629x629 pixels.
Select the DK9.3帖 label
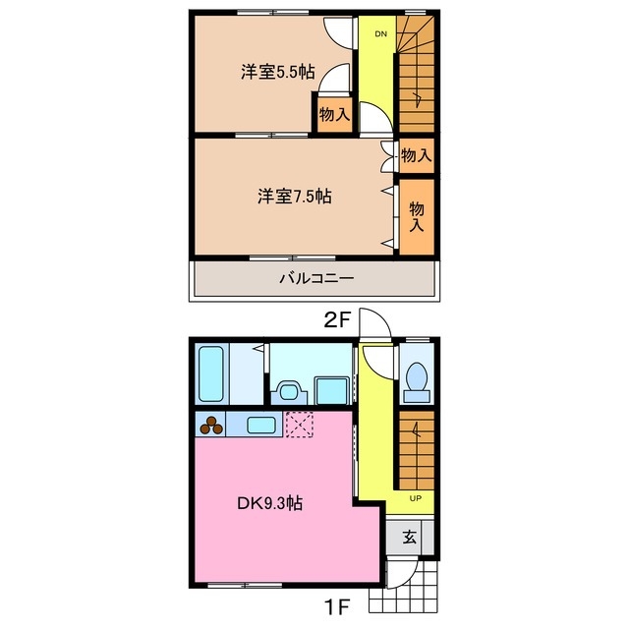[x=268, y=504]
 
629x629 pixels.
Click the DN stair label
[x=379, y=34]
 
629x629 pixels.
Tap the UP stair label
[x=415, y=498]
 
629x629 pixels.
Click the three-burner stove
[x=211, y=426]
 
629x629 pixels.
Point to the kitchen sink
[x=260, y=426]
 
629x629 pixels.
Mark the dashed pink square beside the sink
[x=299, y=426]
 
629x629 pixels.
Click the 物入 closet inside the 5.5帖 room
[x=334, y=114]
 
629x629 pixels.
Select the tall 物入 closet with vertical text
[x=416, y=216]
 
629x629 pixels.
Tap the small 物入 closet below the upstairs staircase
[x=416, y=154]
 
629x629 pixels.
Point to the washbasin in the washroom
[x=289, y=390]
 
